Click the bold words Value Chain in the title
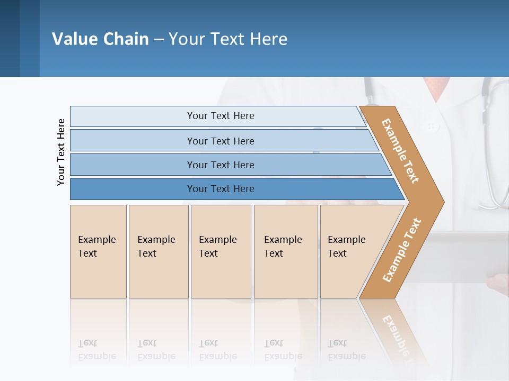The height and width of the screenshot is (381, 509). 100,39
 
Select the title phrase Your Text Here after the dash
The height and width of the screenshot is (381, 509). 228,39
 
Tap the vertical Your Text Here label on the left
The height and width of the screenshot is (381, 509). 61,152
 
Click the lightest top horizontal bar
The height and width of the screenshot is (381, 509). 220,116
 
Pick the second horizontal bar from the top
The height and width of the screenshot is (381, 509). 220,141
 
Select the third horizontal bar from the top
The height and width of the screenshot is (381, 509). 220,165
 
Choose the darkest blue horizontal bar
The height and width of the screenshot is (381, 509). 220,189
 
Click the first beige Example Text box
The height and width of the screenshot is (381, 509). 98,251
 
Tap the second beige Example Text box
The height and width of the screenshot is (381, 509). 158,251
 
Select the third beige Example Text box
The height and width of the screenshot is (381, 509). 220,251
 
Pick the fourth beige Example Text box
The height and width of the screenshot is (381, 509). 285,251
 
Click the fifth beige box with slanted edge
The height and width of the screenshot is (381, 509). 350,251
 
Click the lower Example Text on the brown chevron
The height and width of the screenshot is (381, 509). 401,250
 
